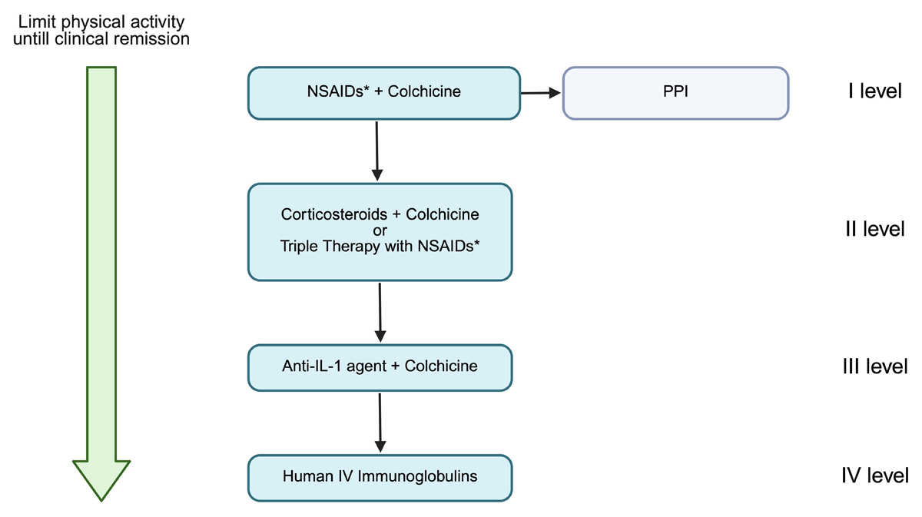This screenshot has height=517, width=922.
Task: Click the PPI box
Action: pyautogui.click(x=675, y=94)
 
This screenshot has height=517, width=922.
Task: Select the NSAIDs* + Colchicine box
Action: pyautogui.click(x=384, y=94)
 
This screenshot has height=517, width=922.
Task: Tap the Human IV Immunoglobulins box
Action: pyautogui.click(x=380, y=478)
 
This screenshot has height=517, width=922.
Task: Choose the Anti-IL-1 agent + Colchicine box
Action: pyautogui.click(x=380, y=367)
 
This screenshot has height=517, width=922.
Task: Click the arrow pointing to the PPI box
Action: pyautogui.click(x=541, y=93)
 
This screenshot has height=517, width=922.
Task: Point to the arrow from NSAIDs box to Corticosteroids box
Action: pyautogui.click(x=377, y=151)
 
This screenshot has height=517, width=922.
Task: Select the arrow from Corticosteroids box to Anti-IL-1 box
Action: pyautogui.click(x=380, y=313)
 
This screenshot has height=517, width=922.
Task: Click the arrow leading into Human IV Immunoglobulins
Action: pyautogui.click(x=380, y=423)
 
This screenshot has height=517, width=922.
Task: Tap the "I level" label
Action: pyautogui.click(x=874, y=91)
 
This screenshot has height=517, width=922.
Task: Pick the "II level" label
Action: pyautogui.click(x=874, y=229)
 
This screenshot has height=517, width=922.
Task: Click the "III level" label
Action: pyautogui.click(x=874, y=366)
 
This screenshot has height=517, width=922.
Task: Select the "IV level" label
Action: pyautogui.click(x=874, y=476)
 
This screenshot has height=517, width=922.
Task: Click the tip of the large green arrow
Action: pyautogui.click(x=101, y=501)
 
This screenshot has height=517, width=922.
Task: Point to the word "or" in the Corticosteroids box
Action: pyautogui.click(x=380, y=230)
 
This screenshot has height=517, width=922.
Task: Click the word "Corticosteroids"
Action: pyautogui.click(x=333, y=214)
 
